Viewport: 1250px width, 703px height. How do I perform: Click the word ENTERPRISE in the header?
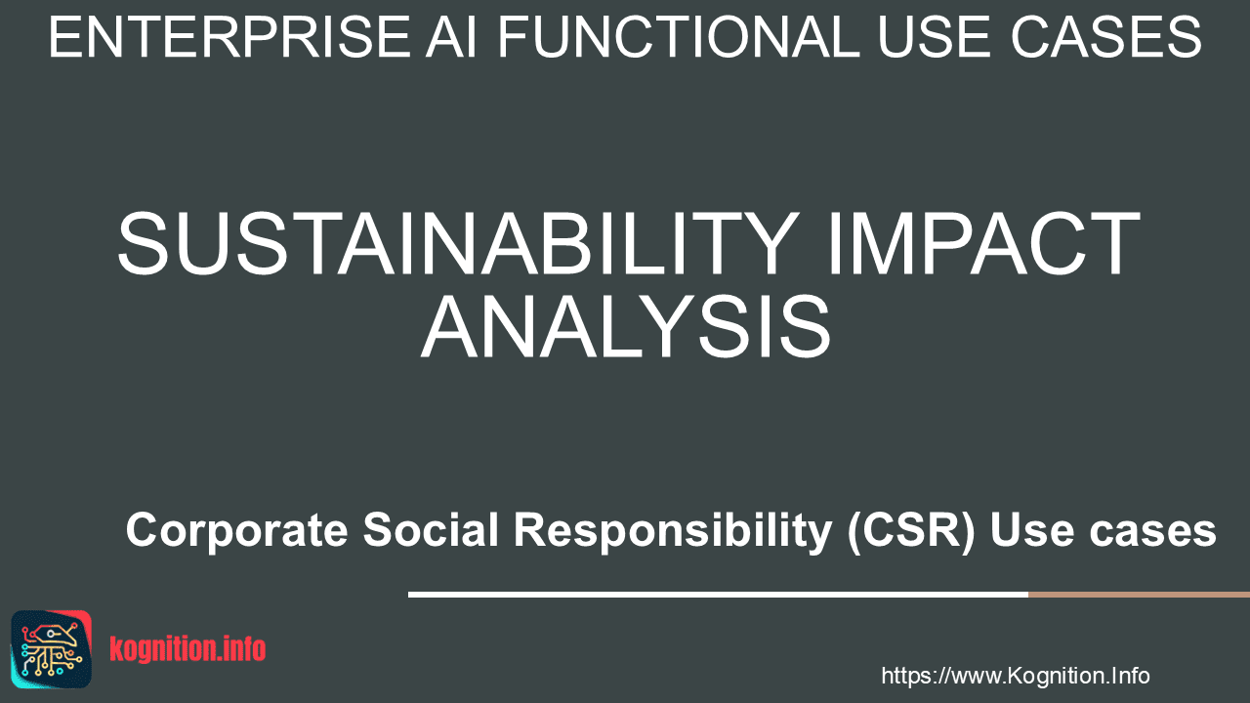[x=229, y=37]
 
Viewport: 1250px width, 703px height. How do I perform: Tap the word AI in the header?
[x=451, y=37]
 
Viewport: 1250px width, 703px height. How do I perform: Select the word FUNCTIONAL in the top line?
[x=679, y=37]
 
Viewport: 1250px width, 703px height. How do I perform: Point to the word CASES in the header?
[x=1106, y=37]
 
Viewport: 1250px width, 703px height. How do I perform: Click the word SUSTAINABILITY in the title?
[x=458, y=243]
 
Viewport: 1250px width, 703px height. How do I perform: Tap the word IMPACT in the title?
[x=983, y=243]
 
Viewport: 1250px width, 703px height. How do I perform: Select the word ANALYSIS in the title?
[x=626, y=326]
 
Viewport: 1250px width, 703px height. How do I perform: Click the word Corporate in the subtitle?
[x=237, y=531]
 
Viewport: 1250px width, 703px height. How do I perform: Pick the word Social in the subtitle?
[x=431, y=529]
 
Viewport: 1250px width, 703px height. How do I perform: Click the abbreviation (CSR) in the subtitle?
[x=911, y=530]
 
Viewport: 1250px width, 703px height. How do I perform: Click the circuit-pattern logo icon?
[x=51, y=649]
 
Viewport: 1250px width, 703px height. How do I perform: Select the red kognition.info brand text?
[x=187, y=649]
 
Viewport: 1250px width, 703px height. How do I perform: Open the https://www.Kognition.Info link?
[x=1015, y=676]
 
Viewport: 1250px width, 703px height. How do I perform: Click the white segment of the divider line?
[x=718, y=595]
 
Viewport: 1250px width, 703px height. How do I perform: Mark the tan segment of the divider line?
[x=1139, y=595]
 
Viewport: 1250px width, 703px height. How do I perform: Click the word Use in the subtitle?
[x=1032, y=530]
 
